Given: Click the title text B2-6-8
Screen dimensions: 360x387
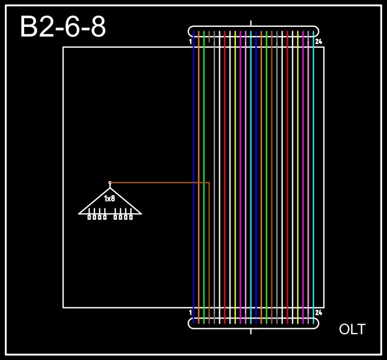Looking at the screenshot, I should (x=62, y=27).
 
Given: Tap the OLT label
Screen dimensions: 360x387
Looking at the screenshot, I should (x=352, y=329).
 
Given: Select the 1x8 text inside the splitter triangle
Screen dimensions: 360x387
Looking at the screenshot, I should (x=110, y=199).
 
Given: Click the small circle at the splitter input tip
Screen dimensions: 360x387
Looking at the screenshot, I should (x=110, y=183).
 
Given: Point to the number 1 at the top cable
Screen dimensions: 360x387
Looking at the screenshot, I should (x=191, y=41).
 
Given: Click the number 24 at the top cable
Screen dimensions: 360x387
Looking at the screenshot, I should (x=319, y=41).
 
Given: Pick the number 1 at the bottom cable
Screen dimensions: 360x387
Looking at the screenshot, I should (x=191, y=312).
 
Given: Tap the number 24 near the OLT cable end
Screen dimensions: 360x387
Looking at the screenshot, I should (x=319, y=312).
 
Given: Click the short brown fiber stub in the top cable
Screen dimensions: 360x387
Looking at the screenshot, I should (x=209, y=38).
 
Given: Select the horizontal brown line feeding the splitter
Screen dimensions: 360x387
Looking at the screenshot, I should (x=161, y=183).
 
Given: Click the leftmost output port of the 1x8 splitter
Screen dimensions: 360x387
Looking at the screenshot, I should (x=90, y=217).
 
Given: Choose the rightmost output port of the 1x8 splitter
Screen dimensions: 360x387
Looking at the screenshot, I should (x=131, y=217).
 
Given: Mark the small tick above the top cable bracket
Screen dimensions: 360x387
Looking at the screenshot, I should (x=251, y=23).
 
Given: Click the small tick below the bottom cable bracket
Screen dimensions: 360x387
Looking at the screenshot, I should (x=251, y=331).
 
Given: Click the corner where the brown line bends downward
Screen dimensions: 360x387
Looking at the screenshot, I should (x=209, y=183).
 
